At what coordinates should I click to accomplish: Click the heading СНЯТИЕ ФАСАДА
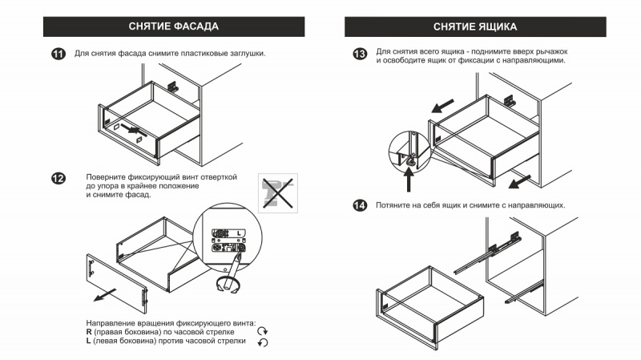174,26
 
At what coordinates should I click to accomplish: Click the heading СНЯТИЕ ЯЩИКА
475,27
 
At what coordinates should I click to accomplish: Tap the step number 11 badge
58,54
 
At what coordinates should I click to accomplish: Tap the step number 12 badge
58,178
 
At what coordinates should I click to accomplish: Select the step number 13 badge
360,54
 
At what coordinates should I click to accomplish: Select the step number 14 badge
360,205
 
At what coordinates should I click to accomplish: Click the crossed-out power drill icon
278,193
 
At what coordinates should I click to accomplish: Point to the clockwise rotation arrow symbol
263,331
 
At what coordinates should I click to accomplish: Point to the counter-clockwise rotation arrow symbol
263,342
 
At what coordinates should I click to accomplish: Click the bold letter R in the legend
89,332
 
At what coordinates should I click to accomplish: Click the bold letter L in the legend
88,341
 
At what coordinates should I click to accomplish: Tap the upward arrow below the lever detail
409,180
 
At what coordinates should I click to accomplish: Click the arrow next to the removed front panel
105,295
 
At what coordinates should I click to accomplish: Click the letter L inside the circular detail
239,233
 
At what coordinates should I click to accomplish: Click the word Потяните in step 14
392,205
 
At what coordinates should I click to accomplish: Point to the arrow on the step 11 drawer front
135,130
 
